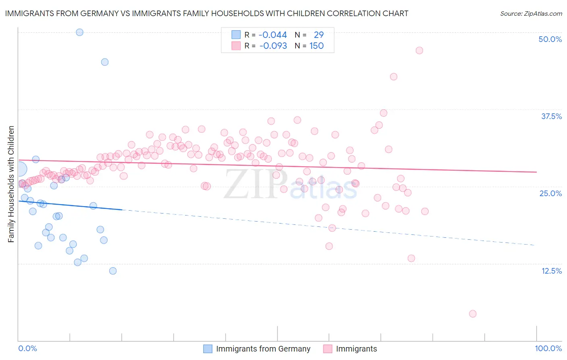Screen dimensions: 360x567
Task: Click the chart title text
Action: tap(206, 13)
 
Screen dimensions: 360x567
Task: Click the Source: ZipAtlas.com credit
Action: tap(531, 13)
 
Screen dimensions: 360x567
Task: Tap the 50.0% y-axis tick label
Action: tap(550, 39)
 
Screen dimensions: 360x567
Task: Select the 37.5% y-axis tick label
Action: tap(551, 116)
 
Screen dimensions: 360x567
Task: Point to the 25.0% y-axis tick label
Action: tap(550, 193)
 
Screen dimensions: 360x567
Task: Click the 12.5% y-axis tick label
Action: tap(551, 270)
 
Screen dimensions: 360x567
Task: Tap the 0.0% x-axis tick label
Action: tap(27, 348)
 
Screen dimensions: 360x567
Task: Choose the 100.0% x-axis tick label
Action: tap(548, 348)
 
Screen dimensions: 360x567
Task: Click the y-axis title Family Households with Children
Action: tap(11, 184)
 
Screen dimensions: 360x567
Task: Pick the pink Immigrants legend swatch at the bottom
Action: tap(327, 349)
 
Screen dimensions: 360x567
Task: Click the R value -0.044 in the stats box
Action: tap(273, 35)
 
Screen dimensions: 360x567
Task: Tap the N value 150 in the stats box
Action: tap(316, 46)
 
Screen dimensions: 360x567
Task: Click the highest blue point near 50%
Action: tap(79, 32)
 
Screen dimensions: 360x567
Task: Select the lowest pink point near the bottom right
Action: tap(473, 314)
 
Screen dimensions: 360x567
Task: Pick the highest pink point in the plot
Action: tap(419, 50)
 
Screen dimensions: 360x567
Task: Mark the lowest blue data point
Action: tap(113, 271)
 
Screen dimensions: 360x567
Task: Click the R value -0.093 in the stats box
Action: tap(273, 46)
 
